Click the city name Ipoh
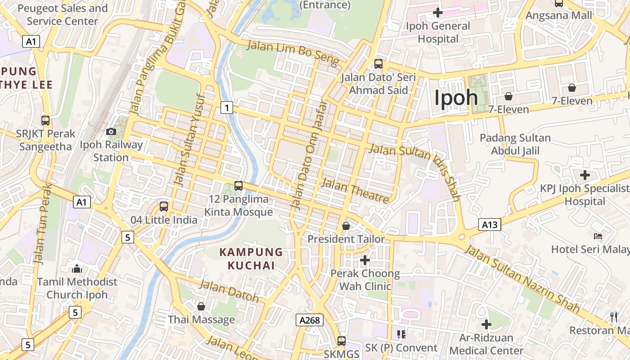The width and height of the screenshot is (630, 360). [456, 98]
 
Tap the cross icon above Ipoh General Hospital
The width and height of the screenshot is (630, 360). [437, 12]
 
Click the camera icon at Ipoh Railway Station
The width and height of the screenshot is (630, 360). [111, 132]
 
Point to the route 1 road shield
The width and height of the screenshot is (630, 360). [227, 108]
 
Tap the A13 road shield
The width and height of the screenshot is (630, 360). [490, 225]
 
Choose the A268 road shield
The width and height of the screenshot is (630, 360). [310, 320]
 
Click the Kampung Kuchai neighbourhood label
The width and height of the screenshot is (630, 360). [251, 259]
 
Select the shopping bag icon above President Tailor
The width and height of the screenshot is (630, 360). [346, 226]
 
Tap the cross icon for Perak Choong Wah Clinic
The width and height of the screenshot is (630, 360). [365, 260]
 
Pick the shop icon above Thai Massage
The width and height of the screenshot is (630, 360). [201, 306]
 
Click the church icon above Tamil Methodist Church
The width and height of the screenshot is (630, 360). [77, 269]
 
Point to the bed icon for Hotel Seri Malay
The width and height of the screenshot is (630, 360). [598, 236]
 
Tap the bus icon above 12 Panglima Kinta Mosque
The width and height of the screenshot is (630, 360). [238, 185]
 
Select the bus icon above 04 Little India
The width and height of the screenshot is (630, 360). [164, 207]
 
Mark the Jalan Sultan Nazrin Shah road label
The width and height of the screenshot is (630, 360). [522, 279]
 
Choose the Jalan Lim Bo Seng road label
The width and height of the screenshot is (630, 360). [292, 51]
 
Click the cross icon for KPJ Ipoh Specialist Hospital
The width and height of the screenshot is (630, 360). [585, 175]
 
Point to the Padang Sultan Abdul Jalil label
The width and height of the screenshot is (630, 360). [515, 144]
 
